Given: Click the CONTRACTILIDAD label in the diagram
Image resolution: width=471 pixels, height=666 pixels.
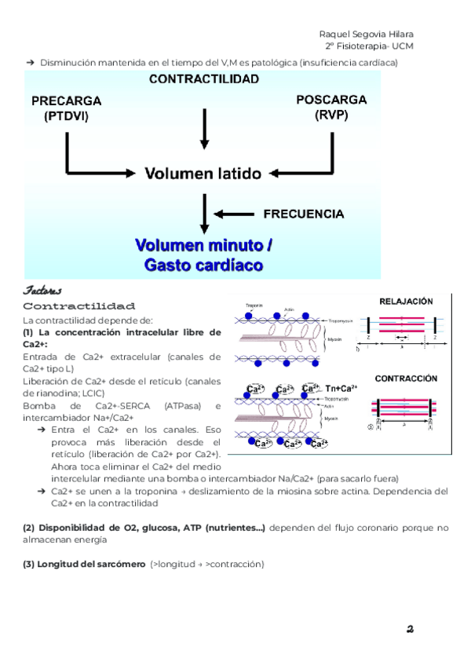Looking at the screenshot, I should click(x=204, y=79).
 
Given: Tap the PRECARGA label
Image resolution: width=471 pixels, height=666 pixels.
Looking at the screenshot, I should click(x=67, y=101).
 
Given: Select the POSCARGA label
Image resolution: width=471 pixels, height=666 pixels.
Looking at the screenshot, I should click(x=331, y=100).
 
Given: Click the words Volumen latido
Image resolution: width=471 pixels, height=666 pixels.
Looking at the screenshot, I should click(x=203, y=174).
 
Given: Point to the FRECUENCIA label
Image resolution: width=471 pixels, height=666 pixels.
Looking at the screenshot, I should click(x=304, y=214).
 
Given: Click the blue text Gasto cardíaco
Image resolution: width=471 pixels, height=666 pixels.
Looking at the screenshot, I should click(x=203, y=265).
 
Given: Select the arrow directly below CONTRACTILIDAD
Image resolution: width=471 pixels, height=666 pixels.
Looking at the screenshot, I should click(x=204, y=128).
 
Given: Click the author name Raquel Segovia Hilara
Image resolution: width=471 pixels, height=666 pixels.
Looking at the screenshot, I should click(x=367, y=34).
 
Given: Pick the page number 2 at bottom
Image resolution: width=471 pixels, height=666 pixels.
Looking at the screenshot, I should click(x=410, y=629).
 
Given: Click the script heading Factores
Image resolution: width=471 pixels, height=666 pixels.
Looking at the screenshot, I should click(x=42, y=290).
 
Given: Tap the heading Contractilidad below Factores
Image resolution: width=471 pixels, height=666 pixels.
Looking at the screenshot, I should click(x=79, y=306).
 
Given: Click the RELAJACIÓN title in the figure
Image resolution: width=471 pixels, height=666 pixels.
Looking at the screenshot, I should click(x=406, y=301).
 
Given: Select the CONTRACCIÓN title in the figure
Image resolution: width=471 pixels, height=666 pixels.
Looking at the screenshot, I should click(x=406, y=378).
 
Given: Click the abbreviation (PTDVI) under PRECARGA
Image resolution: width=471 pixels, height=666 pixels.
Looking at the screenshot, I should click(x=67, y=117).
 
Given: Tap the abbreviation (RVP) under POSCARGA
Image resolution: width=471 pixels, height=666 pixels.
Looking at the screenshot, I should click(x=331, y=115).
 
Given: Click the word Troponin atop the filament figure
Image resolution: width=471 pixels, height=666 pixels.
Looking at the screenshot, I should click(x=254, y=306).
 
